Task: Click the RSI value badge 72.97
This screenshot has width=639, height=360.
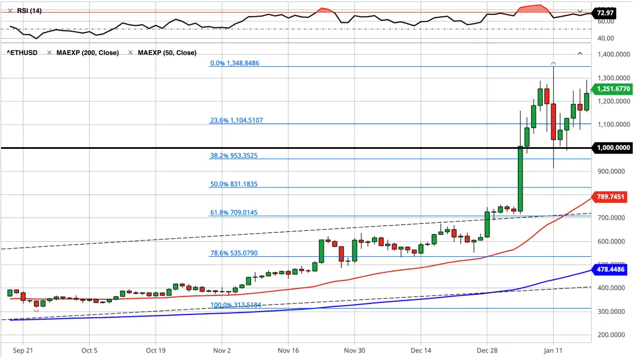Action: [604, 13]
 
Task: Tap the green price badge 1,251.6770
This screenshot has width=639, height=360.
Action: [613, 89]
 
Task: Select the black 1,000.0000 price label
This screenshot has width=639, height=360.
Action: [613, 148]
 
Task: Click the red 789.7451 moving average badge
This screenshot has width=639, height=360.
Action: [610, 197]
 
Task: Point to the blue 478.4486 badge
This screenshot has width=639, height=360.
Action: [610, 269]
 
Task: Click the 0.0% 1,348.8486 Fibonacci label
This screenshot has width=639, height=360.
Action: [234, 63]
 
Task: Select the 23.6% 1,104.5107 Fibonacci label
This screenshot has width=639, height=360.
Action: [236, 120]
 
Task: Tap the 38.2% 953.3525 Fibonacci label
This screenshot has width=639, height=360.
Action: [234, 156]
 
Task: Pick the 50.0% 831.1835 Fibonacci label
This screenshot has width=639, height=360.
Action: [234, 184]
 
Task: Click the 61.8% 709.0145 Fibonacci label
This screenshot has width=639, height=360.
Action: [234, 212]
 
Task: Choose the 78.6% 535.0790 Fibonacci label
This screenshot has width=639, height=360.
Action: [234, 253]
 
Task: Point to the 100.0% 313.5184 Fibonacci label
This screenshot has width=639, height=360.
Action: [235, 305]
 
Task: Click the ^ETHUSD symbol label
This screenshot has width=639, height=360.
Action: [22, 52]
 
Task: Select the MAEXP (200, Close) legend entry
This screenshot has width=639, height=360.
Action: [88, 52]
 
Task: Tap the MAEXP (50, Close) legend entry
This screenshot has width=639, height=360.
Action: [167, 52]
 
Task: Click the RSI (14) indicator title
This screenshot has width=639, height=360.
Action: [29, 10]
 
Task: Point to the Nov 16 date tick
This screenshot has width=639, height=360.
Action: [288, 351]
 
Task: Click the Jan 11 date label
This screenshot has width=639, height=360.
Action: [553, 351]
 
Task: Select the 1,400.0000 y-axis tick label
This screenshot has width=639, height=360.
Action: [614, 54]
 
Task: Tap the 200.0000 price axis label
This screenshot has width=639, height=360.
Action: [611, 335]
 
